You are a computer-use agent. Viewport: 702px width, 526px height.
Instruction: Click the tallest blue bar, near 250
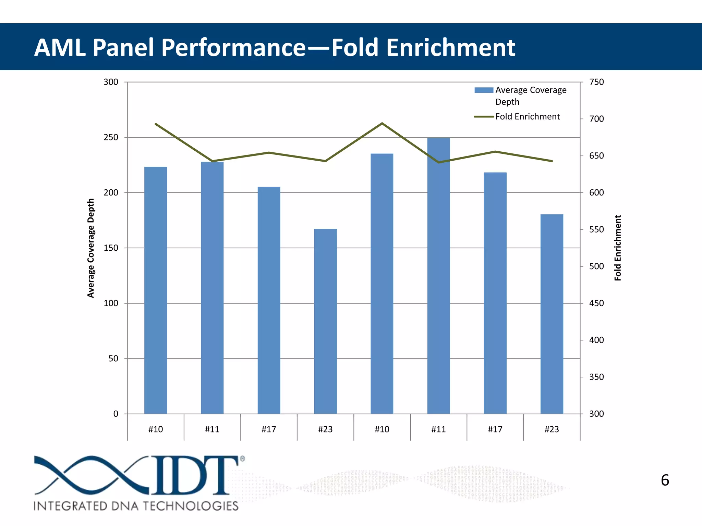pos(438,274)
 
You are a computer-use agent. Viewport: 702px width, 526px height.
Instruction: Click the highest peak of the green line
pos(382,123)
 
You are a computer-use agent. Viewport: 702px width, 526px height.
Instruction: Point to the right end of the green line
pos(552,161)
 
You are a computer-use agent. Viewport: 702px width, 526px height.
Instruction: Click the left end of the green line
pos(156,124)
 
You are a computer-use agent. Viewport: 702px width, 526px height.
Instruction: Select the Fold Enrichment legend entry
pos(527,117)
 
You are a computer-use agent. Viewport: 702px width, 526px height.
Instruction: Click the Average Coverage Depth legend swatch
pos(484,90)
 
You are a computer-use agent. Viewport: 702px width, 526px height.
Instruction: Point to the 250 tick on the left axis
pos(111,137)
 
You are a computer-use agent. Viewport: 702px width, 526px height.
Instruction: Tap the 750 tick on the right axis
pos(596,82)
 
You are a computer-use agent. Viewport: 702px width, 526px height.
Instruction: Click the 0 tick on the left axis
pos(116,414)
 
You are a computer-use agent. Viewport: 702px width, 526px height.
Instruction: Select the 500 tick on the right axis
pos(596,266)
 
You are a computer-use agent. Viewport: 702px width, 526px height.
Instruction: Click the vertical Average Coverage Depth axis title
pos(91,248)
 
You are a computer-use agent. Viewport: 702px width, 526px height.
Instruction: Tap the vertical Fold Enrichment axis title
pos(618,248)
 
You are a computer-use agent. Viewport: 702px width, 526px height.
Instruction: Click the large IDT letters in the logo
pos(194,475)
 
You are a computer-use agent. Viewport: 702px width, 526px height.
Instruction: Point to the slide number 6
pos(665,480)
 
